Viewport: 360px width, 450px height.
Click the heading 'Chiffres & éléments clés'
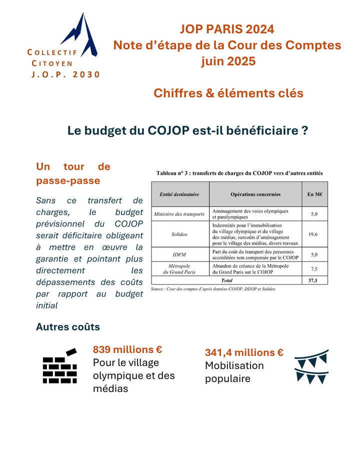228,93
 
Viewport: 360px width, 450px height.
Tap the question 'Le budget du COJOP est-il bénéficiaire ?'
187,130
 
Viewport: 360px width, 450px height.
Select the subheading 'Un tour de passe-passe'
73,173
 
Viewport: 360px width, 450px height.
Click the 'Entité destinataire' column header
179,194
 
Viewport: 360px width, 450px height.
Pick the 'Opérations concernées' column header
255,194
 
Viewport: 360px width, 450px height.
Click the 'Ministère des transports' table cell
179,214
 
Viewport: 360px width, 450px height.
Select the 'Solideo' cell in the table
179,234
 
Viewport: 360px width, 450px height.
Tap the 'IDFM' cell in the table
179,254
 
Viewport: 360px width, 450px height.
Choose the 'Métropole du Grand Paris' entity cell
179,269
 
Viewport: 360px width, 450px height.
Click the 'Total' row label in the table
226,280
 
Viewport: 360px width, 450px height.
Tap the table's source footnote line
212,289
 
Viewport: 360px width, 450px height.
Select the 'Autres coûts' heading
68,327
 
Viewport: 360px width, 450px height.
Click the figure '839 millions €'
127,349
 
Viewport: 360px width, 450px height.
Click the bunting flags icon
311,366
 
